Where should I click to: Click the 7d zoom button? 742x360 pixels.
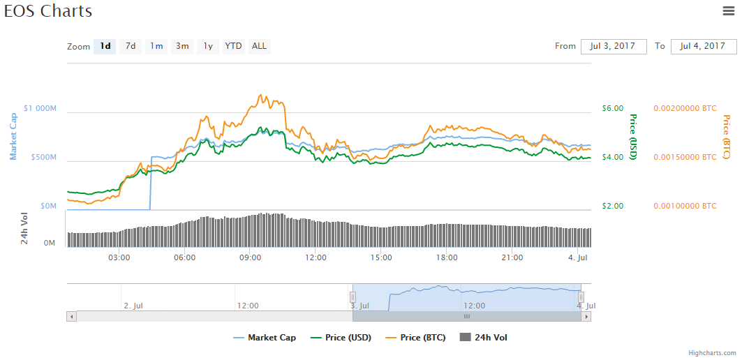pos(131,47)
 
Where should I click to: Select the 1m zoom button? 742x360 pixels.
pos(156,47)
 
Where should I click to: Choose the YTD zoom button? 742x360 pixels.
pos(233,47)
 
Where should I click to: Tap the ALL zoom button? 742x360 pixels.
pos(259,47)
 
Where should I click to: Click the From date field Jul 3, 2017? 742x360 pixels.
pos(613,47)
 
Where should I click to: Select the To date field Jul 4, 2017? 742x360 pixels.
pos(704,47)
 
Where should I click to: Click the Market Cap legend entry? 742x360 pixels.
pos(265,338)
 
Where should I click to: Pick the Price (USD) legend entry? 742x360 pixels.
pos(341,338)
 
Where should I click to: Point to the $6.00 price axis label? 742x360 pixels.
pos(612,109)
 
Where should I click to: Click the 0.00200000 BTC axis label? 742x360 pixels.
pos(685,109)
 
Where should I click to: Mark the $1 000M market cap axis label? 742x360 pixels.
pos(40,109)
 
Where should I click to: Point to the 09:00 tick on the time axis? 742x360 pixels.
pos(250,258)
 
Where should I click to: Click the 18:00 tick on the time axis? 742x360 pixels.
pos(447,258)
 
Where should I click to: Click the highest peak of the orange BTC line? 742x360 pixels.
pos(261,95)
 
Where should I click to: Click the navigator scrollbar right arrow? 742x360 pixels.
pos(586,317)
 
